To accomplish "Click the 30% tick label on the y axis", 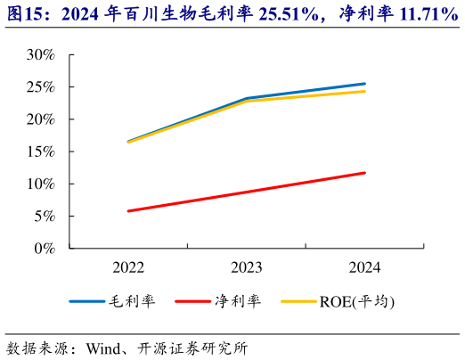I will coord(41,55).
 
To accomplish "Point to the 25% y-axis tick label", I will coord(41,87).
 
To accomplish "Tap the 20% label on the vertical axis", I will coord(41,119).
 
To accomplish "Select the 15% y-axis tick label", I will coord(41,151).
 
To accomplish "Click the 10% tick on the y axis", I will coord(41,184).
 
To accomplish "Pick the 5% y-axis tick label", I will coord(45,217).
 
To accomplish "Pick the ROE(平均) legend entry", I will coord(356,301).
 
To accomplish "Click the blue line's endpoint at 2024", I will coord(364,84).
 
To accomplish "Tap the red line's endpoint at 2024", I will coord(364,173).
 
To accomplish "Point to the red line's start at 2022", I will coord(129,211).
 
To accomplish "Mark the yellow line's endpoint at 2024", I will coord(364,92).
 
